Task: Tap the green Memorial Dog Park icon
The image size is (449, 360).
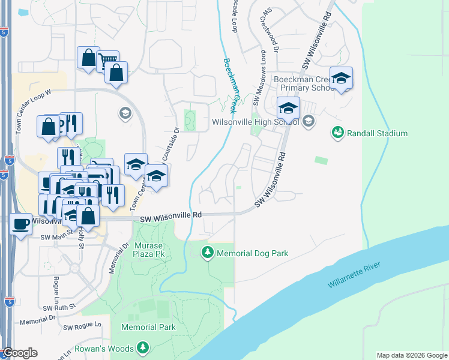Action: point(208,253)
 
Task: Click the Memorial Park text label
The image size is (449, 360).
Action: point(148,327)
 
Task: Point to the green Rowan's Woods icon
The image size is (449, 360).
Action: point(142,348)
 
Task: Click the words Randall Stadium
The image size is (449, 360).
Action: point(378,133)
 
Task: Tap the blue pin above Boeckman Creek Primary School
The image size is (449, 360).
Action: point(341,79)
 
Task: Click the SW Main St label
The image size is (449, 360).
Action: point(55,238)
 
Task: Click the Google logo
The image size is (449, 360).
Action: point(19,353)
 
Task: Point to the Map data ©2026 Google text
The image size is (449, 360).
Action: point(412,355)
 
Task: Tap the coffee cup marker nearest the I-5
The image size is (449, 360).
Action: point(20,224)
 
